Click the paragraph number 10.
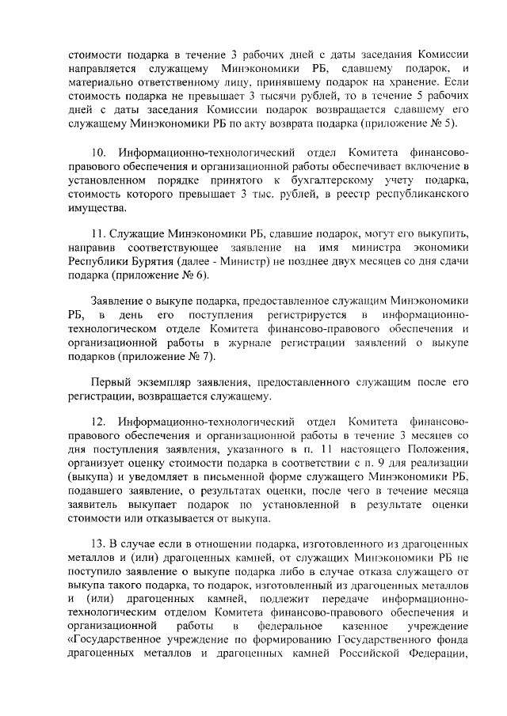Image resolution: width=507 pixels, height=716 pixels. (101, 150)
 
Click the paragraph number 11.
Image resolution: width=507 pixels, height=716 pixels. (101, 235)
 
